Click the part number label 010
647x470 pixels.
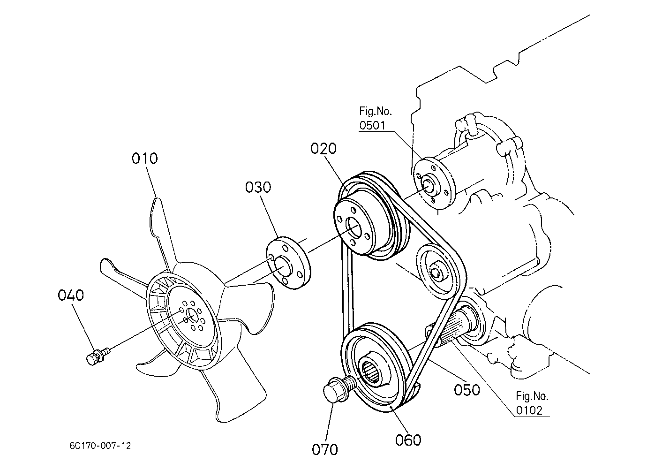(145, 159)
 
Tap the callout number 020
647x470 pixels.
(323, 149)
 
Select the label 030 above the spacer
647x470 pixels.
(258, 187)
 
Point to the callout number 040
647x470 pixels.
(71, 295)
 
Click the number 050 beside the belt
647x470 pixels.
(467, 390)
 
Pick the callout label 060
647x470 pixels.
(408, 440)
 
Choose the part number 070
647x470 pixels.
(325, 449)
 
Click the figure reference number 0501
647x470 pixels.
(372, 125)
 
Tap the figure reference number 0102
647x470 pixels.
(529, 410)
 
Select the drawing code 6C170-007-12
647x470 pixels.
(100, 446)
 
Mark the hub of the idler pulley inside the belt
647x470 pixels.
(435, 272)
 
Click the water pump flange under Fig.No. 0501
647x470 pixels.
(433, 183)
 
